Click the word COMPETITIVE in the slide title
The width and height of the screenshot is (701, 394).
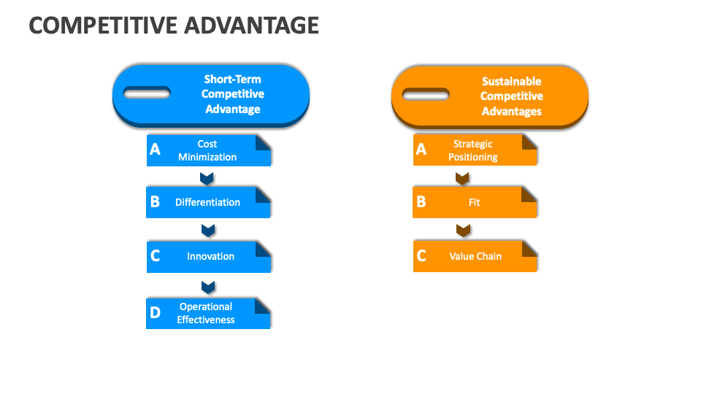tap(94, 26)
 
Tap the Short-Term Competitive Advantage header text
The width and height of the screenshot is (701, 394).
tap(232, 94)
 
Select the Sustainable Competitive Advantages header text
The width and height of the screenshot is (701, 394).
tap(511, 96)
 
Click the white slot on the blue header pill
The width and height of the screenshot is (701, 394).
tap(147, 93)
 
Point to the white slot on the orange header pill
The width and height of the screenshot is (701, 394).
tap(426, 94)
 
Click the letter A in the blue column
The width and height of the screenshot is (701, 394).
tap(155, 150)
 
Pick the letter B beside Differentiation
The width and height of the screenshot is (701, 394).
tap(155, 202)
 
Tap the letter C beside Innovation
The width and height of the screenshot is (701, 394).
tap(155, 256)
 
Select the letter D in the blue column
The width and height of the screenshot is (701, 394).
tap(155, 313)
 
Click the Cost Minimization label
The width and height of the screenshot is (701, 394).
tap(207, 150)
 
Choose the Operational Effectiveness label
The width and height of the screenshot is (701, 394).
tap(206, 313)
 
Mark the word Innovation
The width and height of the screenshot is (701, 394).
tap(210, 256)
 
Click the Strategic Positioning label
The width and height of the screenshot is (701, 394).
tap(473, 150)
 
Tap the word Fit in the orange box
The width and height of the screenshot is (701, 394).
tap(475, 202)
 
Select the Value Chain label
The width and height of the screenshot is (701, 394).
tap(475, 256)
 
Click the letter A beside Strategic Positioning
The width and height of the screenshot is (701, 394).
tap(421, 150)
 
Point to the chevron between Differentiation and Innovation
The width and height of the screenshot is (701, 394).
tap(208, 231)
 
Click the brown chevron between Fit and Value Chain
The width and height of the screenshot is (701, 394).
tap(462, 231)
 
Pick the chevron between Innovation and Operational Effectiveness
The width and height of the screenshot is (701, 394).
tap(208, 286)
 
